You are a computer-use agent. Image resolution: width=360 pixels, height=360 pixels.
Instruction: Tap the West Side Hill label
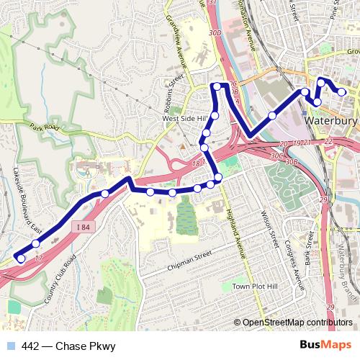(x=185, y=118)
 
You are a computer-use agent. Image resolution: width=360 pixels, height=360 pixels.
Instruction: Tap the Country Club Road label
(x=60, y=276)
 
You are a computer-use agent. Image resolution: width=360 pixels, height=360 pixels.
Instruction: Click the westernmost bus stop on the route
(x=21, y=258)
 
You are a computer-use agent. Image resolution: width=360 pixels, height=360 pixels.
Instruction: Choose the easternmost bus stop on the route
(x=342, y=92)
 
